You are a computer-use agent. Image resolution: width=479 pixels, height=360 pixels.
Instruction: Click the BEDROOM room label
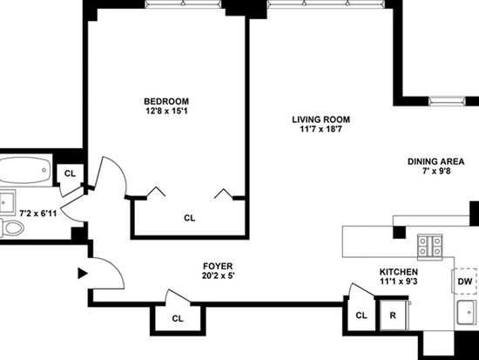[x=166, y=101]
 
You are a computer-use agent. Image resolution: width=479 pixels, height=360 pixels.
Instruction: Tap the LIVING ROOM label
[x=320, y=119]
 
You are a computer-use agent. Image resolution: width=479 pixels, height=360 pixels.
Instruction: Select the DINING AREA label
[x=436, y=161]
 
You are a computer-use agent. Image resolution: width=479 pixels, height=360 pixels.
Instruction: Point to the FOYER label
[x=218, y=266]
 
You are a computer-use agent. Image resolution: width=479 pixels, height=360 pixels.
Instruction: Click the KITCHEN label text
[x=399, y=272]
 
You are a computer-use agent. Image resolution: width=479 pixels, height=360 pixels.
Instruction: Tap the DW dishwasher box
[x=464, y=281]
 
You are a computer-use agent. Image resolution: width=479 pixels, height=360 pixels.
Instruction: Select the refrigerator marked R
[x=393, y=315]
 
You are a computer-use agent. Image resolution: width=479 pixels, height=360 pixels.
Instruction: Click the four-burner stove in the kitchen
[x=430, y=247]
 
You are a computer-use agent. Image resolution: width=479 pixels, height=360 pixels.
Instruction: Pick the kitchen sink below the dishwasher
[x=467, y=312]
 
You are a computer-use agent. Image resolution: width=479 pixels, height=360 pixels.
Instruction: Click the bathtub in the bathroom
[x=25, y=170]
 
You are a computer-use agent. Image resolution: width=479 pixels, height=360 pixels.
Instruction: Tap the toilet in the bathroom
[x=11, y=228]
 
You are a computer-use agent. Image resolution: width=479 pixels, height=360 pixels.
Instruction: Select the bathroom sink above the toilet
[x=7, y=202]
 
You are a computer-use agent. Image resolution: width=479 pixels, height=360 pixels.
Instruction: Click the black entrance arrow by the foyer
[x=83, y=274]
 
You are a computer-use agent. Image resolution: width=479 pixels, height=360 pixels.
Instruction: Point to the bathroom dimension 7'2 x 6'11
[x=38, y=214]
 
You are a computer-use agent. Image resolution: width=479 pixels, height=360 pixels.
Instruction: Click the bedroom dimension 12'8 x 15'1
[x=166, y=111]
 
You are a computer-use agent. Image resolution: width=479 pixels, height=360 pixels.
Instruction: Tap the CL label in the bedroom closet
[x=189, y=218]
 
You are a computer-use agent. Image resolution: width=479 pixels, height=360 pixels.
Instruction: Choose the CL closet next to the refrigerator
[x=361, y=315]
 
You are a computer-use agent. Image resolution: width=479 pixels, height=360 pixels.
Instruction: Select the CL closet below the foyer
[x=178, y=319]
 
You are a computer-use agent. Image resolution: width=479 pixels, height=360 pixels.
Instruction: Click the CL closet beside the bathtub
[x=70, y=173]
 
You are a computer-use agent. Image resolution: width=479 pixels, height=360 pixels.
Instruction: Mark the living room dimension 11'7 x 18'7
[x=320, y=129]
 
